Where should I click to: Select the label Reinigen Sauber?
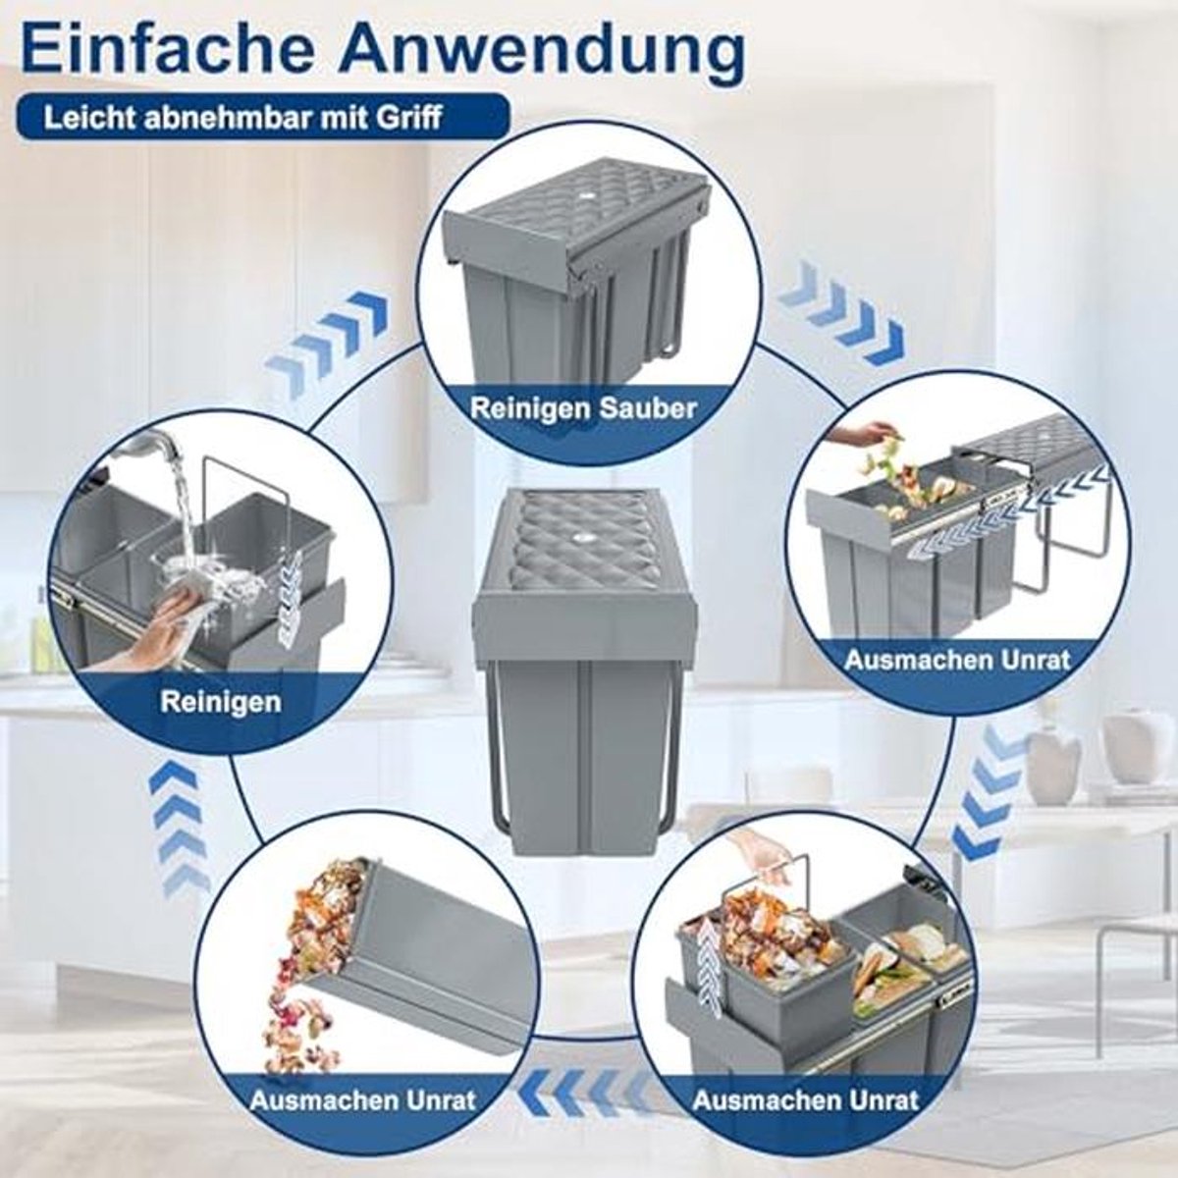[x=583, y=408]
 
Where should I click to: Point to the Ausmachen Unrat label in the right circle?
[x=958, y=661]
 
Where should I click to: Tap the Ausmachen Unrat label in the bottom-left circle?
[x=362, y=1084]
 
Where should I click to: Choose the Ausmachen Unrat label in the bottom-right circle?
[x=806, y=1084]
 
